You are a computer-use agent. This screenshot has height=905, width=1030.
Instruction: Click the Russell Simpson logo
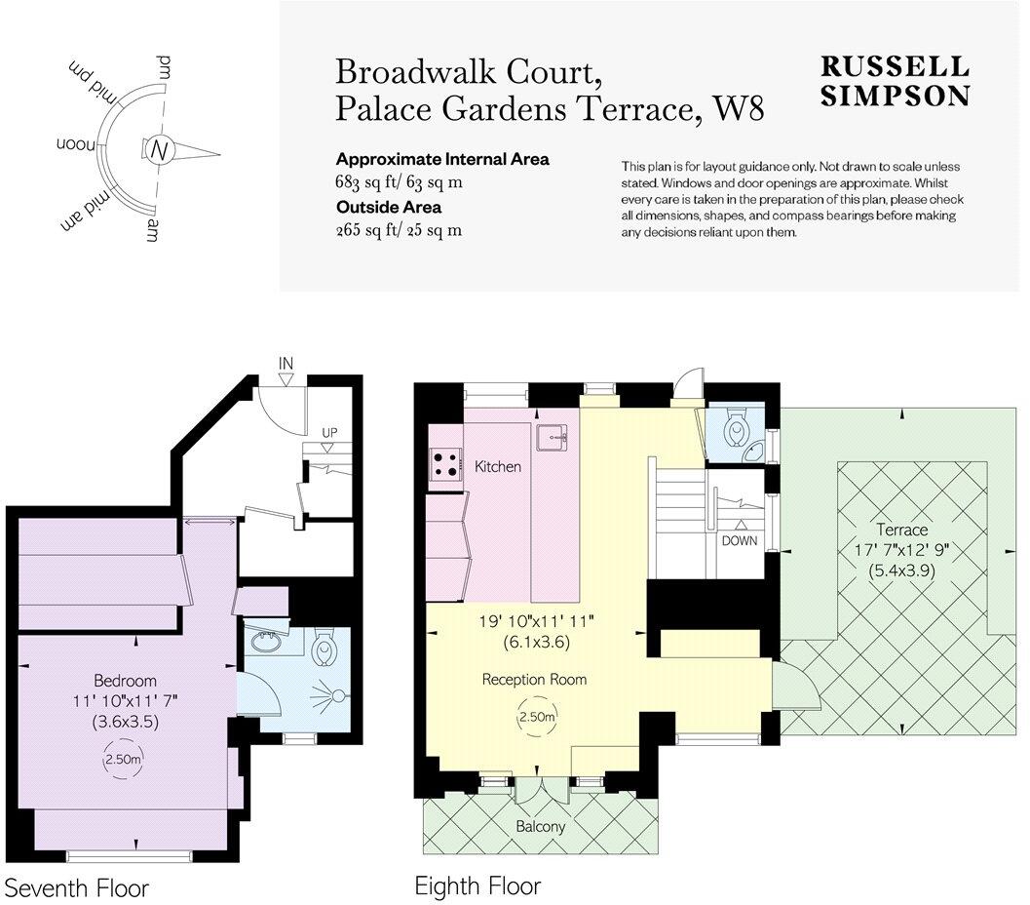[895, 81]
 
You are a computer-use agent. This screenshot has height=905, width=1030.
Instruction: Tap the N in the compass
[161, 150]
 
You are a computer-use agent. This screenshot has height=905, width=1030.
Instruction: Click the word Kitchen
[497, 467]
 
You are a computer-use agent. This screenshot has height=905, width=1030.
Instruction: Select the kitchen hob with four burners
[445, 464]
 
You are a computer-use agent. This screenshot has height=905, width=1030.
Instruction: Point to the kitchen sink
[556, 436]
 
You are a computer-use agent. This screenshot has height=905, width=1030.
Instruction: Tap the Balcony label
[541, 827]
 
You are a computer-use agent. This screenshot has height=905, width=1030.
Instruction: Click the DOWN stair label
[740, 539]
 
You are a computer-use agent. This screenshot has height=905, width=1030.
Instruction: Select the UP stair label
[330, 431]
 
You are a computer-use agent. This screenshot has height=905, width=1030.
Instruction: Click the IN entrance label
[286, 364]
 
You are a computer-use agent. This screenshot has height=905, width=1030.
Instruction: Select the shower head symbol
[337, 696]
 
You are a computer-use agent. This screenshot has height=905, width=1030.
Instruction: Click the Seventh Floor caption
[77, 888]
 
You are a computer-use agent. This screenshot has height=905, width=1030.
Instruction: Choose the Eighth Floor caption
[477, 886]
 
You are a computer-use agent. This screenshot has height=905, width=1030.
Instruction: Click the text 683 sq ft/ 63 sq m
[399, 182]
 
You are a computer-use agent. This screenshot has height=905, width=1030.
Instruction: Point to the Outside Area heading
[389, 207]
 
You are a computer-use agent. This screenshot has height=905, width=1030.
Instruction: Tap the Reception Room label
[535, 679]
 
